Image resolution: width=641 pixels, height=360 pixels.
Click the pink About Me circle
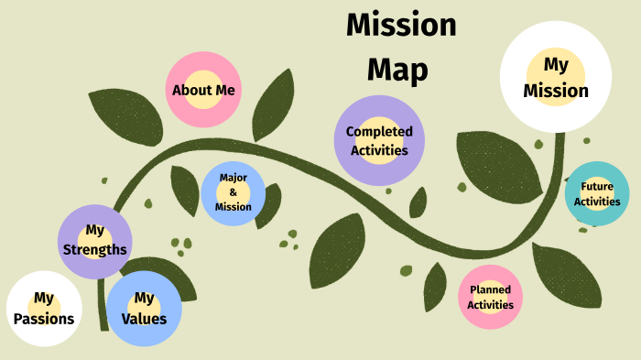pos(203,90)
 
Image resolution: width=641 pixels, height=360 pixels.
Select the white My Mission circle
pos(559,77)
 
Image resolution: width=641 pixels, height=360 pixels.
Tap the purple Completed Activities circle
pos(379,140)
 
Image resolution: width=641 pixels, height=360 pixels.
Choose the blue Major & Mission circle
pos(234,192)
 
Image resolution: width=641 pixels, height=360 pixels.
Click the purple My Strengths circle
pos(95,241)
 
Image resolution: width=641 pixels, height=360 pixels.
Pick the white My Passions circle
pos(44,310)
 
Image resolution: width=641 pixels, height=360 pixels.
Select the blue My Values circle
pos(144,309)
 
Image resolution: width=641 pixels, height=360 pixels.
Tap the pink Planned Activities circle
pos(490,297)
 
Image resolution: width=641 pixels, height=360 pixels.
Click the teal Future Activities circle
pos(597,193)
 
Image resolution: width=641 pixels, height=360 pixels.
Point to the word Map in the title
pos(397,70)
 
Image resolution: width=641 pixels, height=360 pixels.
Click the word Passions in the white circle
pos(44,321)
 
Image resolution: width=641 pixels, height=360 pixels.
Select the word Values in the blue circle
pos(144,320)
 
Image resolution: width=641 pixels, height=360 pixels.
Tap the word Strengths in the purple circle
pos(95,250)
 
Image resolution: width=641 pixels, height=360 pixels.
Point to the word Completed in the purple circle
pos(379,132)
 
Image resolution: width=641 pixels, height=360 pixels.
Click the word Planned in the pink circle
pos(490,289)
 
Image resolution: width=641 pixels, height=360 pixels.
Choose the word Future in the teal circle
pos(597,186)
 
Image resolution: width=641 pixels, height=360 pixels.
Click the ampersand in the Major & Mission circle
pos(234,192)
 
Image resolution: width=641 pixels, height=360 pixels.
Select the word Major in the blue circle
pos(234,178)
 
